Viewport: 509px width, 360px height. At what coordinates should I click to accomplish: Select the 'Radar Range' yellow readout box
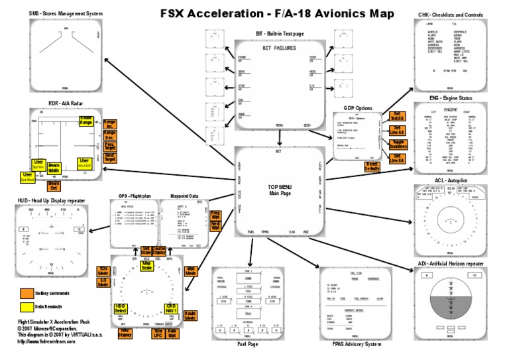tap(86, 120)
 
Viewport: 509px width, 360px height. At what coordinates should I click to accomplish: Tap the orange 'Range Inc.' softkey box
tap(109, 123)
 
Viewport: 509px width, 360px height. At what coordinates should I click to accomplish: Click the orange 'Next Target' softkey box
tap(109, 158)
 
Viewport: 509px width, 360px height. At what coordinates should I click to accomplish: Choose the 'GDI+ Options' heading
tap(358, 107)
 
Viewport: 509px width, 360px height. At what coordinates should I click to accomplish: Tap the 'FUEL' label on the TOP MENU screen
tap(251, 232)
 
